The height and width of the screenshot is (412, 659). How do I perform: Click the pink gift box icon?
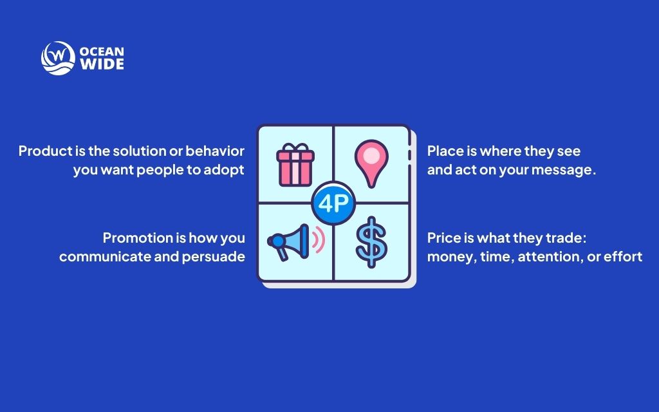point(295,164)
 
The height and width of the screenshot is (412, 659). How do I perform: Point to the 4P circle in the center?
point(333,203)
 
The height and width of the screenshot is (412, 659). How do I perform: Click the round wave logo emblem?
point(58,58)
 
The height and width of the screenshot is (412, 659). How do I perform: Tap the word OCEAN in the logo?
point(102,51)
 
